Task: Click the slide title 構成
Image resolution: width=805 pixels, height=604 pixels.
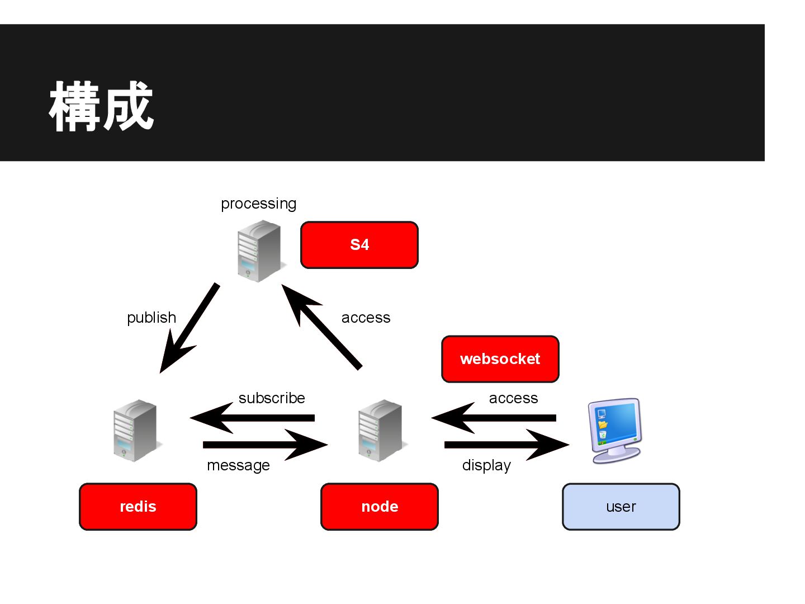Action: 101,106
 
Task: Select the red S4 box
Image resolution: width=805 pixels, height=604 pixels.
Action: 359,245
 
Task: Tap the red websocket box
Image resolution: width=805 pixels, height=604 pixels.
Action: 500,359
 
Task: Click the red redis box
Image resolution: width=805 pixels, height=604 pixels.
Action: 138,507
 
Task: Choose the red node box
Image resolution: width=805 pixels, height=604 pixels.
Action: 380,507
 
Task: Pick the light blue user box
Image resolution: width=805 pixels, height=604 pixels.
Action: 621,507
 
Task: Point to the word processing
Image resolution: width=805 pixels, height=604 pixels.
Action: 258,204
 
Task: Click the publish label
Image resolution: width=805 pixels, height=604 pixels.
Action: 151,318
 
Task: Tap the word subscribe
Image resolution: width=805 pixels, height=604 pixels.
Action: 272,398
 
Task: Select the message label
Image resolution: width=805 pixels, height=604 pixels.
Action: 238,465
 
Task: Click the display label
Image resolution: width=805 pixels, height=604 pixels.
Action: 486,465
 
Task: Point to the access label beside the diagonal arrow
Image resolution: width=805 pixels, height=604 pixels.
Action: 366,318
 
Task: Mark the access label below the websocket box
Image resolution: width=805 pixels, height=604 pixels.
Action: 513,398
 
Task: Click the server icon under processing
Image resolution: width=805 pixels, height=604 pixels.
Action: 259,251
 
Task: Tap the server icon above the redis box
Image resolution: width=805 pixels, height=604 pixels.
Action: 135,431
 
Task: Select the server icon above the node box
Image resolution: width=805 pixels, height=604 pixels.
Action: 380,431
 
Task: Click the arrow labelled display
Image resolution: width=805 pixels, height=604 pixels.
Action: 503,445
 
